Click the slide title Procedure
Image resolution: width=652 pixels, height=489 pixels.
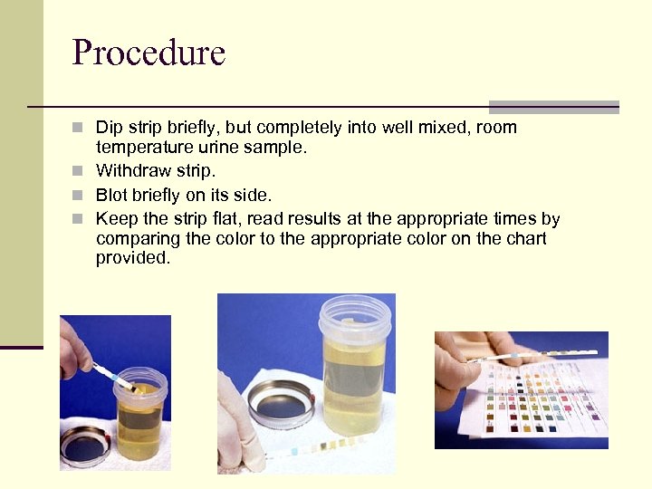point(149,52)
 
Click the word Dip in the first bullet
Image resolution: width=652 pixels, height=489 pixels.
point(109,128)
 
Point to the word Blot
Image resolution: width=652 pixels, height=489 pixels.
point(111,195)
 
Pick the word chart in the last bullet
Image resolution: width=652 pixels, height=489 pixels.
point(526,238)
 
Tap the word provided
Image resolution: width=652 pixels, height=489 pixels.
point(133,258)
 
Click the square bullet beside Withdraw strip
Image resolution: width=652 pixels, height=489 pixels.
point(77,170)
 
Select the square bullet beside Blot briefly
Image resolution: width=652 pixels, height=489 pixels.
point(77,195)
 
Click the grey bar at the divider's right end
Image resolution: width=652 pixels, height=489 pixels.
point(554,107)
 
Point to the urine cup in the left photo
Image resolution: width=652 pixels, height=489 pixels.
point(140,413)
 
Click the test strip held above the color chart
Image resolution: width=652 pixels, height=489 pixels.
point(532,356)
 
